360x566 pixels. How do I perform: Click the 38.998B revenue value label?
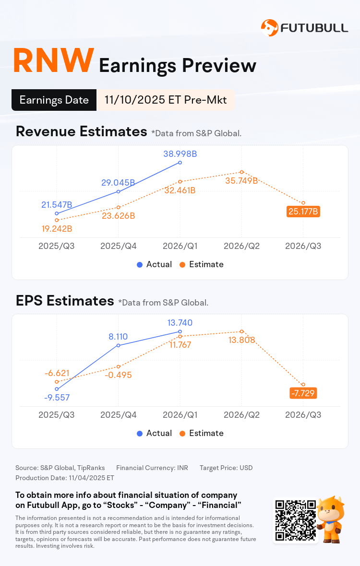(180, 154)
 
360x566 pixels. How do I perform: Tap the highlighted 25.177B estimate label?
(303, 211)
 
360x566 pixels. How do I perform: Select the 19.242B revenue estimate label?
(57, 228)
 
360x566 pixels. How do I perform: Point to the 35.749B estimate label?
(242, 180)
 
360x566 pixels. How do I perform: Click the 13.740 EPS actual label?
(180, 323)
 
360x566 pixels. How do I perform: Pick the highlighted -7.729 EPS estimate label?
(303, 393)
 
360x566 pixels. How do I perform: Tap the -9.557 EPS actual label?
(57, 397)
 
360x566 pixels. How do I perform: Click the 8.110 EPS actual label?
(118, 337)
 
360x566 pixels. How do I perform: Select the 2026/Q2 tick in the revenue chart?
(242, 246)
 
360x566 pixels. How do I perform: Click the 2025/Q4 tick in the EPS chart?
(118, 415)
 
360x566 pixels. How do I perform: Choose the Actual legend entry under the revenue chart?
(154, 264)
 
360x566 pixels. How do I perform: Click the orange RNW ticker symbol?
(53, 61)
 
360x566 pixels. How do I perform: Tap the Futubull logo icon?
(269, 27)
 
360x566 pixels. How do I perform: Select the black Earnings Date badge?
(54, 100)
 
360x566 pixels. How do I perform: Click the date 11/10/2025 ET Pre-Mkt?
(166, 100)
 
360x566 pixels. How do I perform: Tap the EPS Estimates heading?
(64, 301)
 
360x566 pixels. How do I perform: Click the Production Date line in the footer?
(64, 478)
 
